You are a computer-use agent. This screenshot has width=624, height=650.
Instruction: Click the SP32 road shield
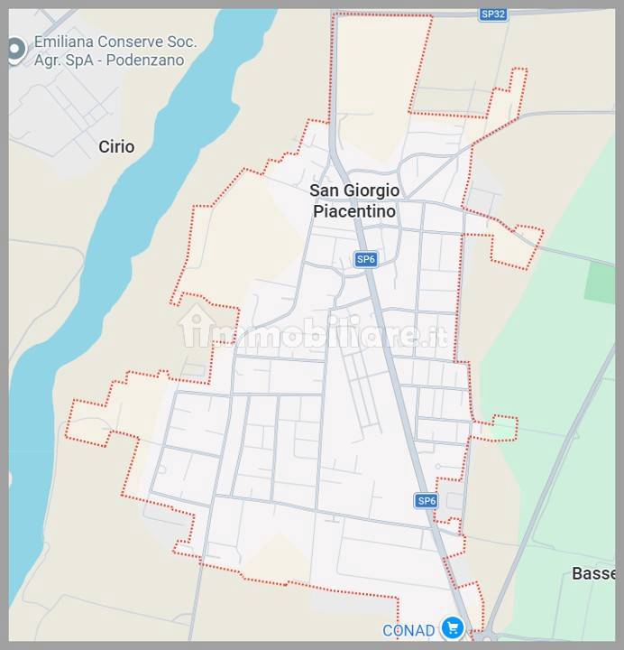click(493, 14)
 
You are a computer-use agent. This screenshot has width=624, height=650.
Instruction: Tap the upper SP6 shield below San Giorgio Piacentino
click(365, 259)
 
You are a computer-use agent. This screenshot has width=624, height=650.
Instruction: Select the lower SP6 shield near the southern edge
click(427, 500)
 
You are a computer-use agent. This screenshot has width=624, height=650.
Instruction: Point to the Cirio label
click(116, 146)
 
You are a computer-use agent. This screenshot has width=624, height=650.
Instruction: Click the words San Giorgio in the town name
click(354, 190)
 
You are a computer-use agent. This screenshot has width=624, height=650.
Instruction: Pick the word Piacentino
click(354, 211)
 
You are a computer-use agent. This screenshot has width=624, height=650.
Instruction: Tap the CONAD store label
click(408, 630)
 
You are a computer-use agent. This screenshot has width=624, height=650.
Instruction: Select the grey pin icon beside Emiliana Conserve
click(14, 50)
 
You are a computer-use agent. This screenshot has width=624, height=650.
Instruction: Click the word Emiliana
click(66, 42)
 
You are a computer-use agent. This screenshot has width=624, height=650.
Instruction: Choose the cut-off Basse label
click(594, 573)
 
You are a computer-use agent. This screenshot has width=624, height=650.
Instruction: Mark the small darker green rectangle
click(599, 282)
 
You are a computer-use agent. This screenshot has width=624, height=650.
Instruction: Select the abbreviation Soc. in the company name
click(183, 42)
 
